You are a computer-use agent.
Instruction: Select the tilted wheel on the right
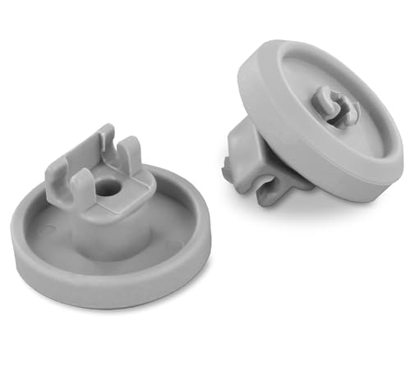coord(321,123)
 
